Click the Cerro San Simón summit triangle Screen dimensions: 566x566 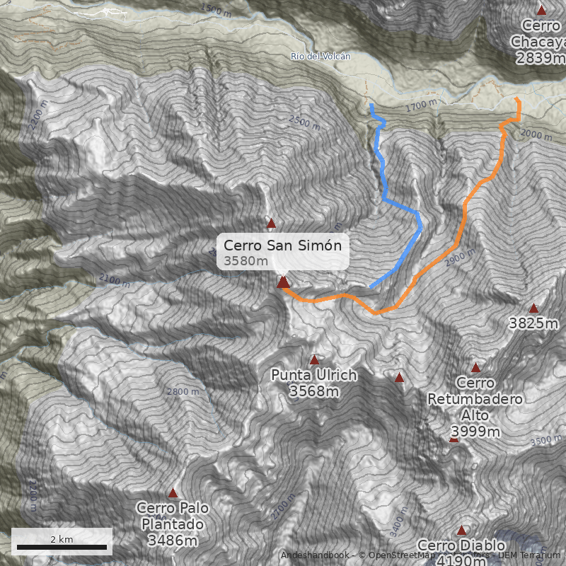pyautogui.click(x=283, y=282)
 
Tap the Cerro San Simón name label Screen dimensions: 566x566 pyautogui.click(x=282, y=246)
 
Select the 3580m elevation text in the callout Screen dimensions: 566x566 pyautogui.click(x=246, y=261)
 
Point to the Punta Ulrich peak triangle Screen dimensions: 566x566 pyautogui.click(x=314, y=360)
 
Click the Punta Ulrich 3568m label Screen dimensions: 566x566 pyautogui.click(x=313, y=383)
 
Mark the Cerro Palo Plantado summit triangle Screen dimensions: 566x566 pyautogui.click(x=173, y=493)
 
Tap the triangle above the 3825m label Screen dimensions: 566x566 pyautogui.click(x=533, y=308)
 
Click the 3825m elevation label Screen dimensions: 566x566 pyautogui.click(x=533, y=323)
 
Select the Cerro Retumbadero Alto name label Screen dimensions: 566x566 pyautogui.click(x=475, y=407)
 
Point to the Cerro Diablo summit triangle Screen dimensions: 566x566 pyautogui.click(x=462, y=530)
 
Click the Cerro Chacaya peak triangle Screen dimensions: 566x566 pyautogui.click(x=541, y=10)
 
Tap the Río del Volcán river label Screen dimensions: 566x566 pyautogui.click(x=320, y=56)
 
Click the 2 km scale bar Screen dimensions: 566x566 pyautogui.click(x=62, y=547)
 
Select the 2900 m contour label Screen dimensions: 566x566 pyautogui.click(x=457, y=260)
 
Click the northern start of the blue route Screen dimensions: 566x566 pyautogui.click(x=371, y=105)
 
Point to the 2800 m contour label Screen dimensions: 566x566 pyautogui.click(x=183, y=391)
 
